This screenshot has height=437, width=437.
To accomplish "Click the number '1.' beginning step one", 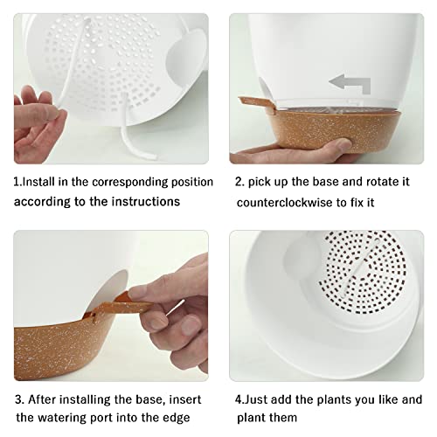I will tap(17, 183).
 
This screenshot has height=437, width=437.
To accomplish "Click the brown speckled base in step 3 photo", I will tap(79, 350).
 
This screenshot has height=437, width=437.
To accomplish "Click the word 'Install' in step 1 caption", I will tap(43, 183).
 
